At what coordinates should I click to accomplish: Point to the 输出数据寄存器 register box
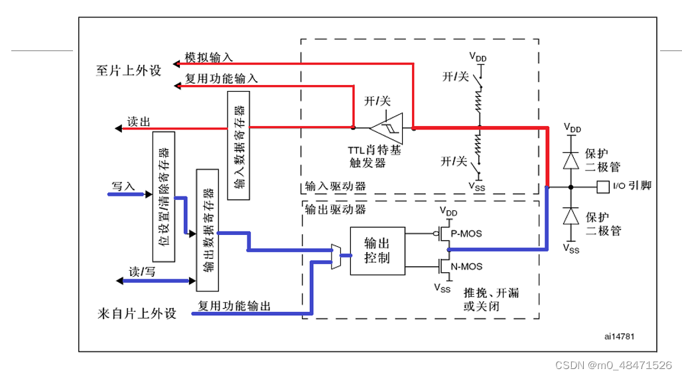[207, 230]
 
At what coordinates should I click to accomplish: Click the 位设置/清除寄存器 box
[163, 196]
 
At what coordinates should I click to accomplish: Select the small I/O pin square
[602, 187]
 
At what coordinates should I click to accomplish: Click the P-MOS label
[466, 234]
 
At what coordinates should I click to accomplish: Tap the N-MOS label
[466, 267]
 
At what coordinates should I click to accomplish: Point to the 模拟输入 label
[208, 58]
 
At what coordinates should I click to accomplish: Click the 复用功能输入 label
[222, 78]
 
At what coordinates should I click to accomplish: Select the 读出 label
[139, 121]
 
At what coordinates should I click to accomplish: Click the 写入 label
[123, 187]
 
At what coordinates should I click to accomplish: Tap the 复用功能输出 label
[235, 306]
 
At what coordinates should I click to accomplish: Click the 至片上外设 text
[129, 71]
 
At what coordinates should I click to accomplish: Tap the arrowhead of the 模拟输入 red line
[176, 64]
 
